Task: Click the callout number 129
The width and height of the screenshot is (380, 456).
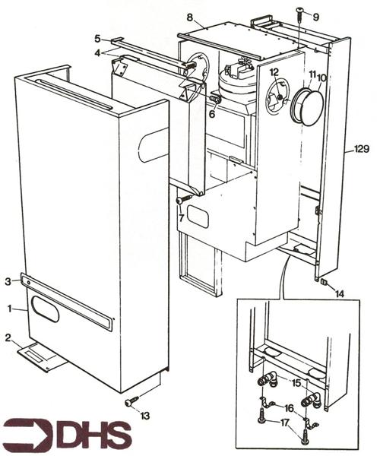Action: pyautogui.click(x=360, y=150)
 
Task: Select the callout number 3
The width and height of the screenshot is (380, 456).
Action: pyautogui.click(x=9, y=281)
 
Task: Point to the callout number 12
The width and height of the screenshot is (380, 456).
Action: pyautogui.click(x=274, y=72)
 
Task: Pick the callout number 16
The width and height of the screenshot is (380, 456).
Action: pyautogui.click(x=290, y=408)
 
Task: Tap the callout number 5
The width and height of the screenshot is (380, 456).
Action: pyautogui.click(x=97, y=37)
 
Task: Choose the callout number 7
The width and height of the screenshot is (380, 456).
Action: pyautogui.click(x=181, y=218)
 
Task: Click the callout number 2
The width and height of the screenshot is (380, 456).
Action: pyautogui.click(x=8, y=337)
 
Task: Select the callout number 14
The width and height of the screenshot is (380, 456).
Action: pyautogui.click(x=338, y=293)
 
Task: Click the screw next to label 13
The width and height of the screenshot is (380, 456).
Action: pyautogui.click(x=130, y=400)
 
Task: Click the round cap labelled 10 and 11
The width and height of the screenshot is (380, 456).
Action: pyautogui.click(x=306, y=106)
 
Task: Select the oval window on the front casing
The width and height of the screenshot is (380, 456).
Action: pyautogui.click(x=45, y=309)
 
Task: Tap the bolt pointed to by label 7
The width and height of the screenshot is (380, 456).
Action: pyautogui.click(x=184, y=200)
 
